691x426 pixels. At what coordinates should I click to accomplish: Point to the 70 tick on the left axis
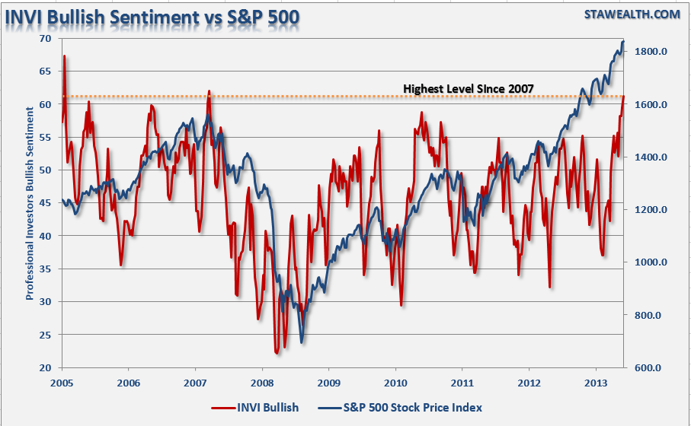tap(46, 38)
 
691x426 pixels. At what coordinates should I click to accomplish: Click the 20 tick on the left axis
tap(46, 367)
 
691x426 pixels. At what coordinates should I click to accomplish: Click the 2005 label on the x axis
tap(62, 383)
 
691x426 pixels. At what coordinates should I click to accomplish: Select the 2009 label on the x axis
tap(328, 383)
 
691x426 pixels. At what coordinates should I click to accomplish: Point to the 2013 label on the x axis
tap(595, 383)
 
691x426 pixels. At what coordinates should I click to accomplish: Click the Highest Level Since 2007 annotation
tap(469, 89)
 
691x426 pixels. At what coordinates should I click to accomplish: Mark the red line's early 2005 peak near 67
tap(65, 56)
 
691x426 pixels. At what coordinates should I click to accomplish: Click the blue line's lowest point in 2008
tap(302, 342)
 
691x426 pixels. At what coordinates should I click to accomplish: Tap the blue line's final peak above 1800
tap(622, 42)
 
